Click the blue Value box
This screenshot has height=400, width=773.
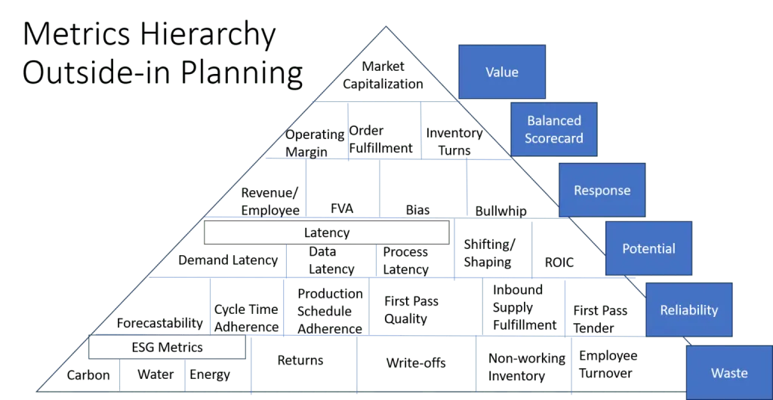click(x=502, y=72)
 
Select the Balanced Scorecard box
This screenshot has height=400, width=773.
click(x=554, y=129)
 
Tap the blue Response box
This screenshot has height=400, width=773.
click(x=602, y=190)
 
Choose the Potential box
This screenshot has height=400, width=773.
click(x=648, y=248)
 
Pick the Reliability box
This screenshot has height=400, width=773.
click(x=688, y=309)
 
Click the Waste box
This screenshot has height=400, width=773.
click(x=728, y=372)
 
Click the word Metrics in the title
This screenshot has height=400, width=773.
click(x=72, y=35)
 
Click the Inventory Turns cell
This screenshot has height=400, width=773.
click(x=451, y=140)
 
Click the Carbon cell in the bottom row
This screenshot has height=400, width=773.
click(x=89, y=374)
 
